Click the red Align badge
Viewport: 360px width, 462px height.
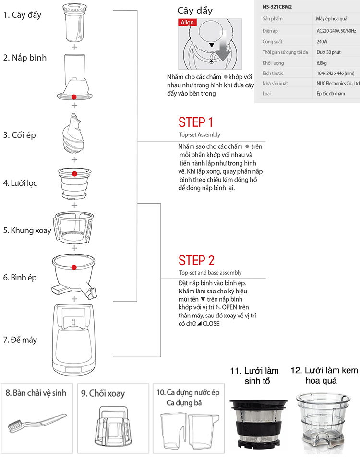187,23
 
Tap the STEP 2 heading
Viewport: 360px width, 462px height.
196,260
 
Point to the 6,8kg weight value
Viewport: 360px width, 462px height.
322,63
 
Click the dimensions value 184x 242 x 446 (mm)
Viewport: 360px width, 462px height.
335,73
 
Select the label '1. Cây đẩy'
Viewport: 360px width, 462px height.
22,15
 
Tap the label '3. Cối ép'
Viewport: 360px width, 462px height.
20,135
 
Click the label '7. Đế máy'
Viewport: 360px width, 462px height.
20,340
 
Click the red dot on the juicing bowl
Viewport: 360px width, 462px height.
74,267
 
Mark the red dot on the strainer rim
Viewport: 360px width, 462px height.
74,173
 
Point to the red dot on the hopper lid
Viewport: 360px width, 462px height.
74,97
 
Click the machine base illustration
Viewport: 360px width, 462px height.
74,338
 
